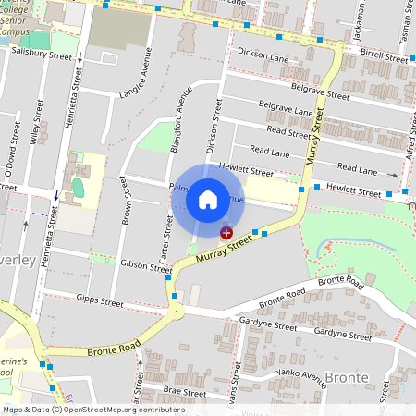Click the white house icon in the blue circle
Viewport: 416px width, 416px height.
coord(208,199)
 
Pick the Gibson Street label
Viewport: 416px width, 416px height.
coord(147,263)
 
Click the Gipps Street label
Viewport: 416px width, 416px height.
coord(100,301)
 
